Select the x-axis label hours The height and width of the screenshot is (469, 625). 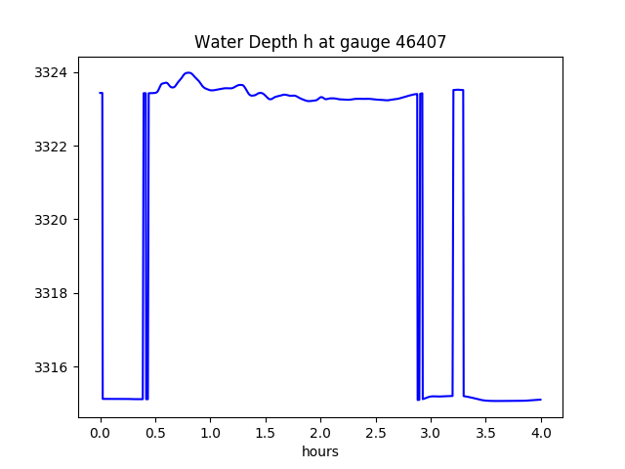(320, 451)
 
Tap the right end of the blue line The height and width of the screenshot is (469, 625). (540, 400)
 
